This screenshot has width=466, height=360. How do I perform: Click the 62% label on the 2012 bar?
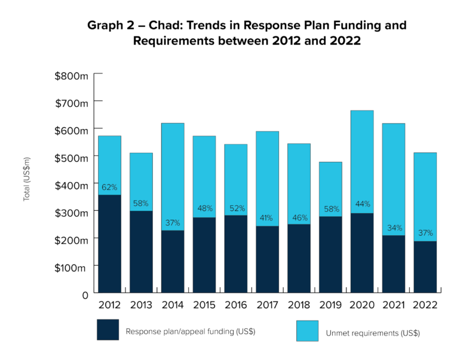coord(109,187)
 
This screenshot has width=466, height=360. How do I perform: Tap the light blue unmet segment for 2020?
coord(361,161)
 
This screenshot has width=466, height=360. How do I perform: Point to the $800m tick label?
coord(71,76)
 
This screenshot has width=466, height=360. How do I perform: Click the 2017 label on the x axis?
coord(267,305)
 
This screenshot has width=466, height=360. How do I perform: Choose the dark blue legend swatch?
coord(108,330)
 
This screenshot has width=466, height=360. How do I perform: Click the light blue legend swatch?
coord(307,330)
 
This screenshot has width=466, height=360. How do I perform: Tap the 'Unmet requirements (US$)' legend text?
coord(372,333)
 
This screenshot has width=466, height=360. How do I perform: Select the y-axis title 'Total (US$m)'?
coord(27,179)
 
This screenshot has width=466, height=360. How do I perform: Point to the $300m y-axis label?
coord(71,213)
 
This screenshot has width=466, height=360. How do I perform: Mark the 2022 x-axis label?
coord(425,305)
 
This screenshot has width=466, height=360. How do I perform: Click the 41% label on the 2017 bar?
coord(267,218)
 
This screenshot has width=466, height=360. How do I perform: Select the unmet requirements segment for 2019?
coord(330,189)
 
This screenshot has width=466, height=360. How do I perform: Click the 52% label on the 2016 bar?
coord(235,208)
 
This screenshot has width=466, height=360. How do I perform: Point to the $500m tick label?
coord(71,159)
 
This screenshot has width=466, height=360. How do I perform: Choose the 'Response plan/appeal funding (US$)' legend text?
coord(190,332)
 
